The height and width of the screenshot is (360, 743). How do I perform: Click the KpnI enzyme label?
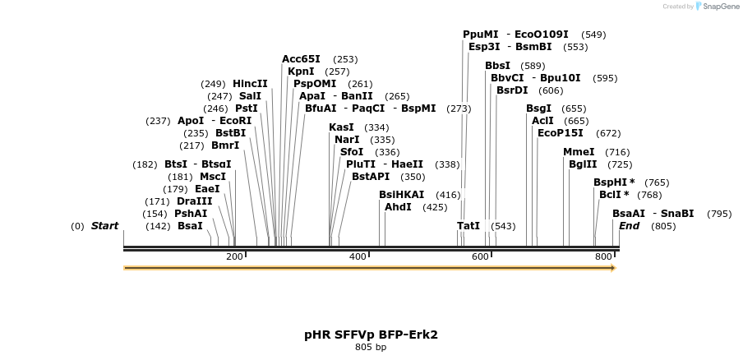coord(301,72)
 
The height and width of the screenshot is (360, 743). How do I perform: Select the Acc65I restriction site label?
coord(301,59)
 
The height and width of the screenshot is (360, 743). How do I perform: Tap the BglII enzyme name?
coord(583,164)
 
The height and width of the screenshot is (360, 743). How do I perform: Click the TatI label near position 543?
coord(468,226)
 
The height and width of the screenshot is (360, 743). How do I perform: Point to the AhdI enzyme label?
coord(398,207)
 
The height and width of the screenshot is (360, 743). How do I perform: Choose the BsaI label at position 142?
coord(190,226)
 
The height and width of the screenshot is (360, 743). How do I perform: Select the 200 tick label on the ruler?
coord(234,257)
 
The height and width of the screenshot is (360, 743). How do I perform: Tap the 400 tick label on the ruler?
coord(358,257)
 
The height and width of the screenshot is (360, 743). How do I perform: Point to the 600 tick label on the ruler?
coord(480,257)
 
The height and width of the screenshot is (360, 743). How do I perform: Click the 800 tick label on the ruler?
coord(603,257)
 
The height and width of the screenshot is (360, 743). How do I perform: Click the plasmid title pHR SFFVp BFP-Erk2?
coord(371,335)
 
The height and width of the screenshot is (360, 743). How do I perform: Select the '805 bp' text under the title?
coord(371,348)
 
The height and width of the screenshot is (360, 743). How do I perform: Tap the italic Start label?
coord(104,226)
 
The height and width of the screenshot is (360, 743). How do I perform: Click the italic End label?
coord(629,226)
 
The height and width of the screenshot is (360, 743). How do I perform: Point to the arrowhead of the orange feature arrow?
coord(613,268)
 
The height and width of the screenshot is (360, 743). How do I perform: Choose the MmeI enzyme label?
coord(579,152)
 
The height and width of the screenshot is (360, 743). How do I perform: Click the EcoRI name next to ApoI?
coord(235,121)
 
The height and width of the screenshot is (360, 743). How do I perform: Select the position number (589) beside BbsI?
coord(533,66)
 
